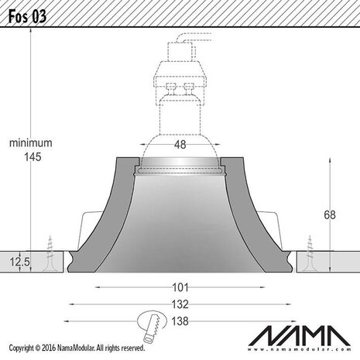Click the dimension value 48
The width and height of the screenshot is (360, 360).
[179, 144]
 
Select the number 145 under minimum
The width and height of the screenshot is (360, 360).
[30, 156]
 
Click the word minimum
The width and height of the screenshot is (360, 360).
[30, 143]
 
